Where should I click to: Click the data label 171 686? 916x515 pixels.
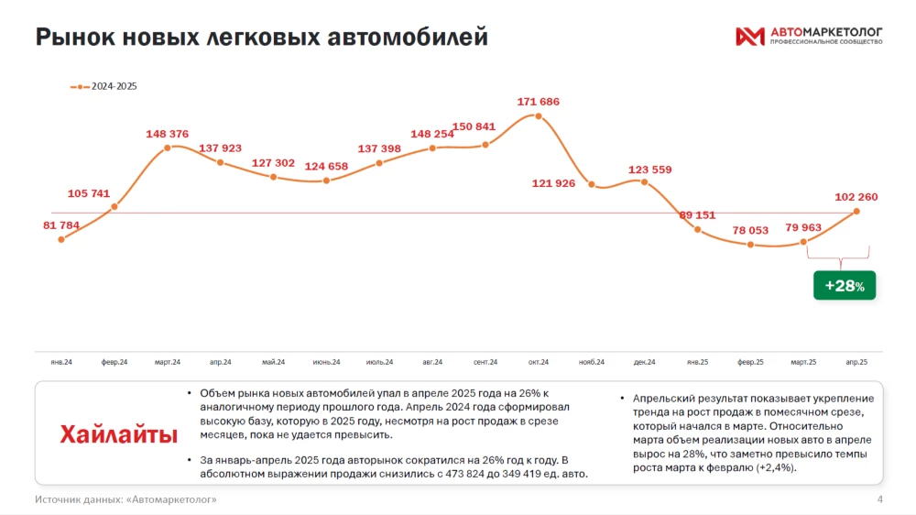tap(538, 102)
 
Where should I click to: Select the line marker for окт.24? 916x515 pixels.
tap(539, 115)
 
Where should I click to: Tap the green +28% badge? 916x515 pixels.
tap(844, 286)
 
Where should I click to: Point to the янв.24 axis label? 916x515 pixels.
tap(61, 362)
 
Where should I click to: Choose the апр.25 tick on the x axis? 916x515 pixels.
tap(856, 362)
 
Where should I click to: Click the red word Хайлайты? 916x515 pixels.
tap(119, 434)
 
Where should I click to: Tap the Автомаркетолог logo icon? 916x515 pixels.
tap(749, 37)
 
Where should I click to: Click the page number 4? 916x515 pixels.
tap(879, 499)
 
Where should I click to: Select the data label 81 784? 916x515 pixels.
tap(61, 225)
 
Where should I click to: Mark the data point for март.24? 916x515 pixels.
tap(167, 148)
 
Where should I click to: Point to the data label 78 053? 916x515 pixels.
tap(751, 231)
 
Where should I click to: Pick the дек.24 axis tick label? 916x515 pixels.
tap(645, 362)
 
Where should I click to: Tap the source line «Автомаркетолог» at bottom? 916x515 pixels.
tap(126, 499)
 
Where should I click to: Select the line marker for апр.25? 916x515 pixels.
tap(857, 211)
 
